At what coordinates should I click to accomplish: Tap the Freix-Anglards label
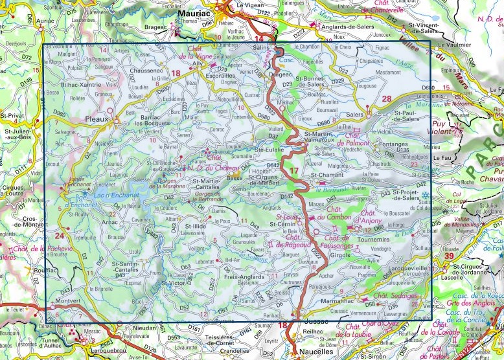click(x=243, y=277)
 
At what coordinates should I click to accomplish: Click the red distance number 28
click(x=387, y=98)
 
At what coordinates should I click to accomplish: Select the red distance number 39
click(x=449, y=257)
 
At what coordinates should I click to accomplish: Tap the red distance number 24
click(x=60, y=236)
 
